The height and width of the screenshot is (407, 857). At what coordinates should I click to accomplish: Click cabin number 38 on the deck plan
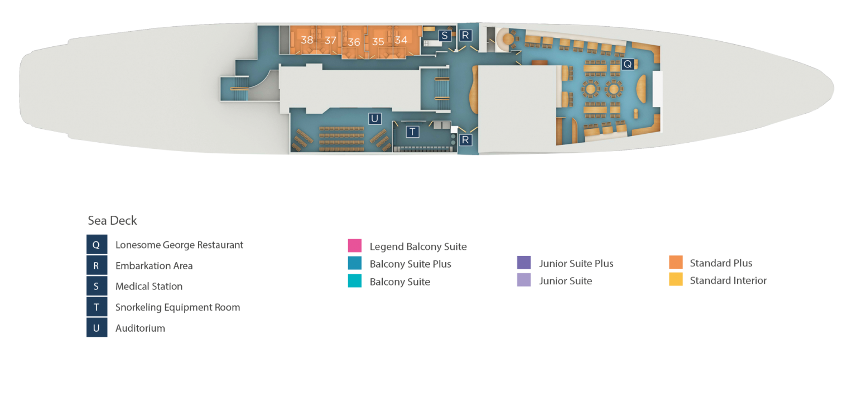coord(307,40)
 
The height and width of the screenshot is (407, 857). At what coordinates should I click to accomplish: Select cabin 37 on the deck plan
coord(330,40)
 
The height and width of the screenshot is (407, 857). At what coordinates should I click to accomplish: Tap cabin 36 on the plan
coord(354,42)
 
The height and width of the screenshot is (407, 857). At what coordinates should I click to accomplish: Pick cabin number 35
coord(378,41)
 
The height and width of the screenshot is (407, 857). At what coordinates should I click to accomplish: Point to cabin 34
coord(401,40)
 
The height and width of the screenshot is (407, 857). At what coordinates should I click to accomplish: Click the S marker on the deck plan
coord(445,36)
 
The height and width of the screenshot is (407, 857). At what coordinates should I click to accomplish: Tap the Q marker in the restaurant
coord(628,64)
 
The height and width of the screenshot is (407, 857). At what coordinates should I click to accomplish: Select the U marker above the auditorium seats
coord(374,118)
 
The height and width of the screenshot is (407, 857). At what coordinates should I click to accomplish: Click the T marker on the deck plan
coord(412,132)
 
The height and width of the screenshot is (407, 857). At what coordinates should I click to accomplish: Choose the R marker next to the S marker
coord(465,36)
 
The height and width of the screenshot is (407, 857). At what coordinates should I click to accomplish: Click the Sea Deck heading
coord(112,221)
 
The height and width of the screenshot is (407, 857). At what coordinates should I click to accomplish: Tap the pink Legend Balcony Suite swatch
coord(355,245)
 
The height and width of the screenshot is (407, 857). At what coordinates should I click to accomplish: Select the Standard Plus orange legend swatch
coord(676,262)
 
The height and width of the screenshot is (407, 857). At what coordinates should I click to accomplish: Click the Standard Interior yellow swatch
coord(676,279)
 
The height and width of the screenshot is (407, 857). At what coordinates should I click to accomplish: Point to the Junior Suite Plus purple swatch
coord(524,263)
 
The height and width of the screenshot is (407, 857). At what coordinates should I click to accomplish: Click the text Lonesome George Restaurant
coord(179,245)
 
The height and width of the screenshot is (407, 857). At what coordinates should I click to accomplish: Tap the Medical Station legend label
coord(149,286)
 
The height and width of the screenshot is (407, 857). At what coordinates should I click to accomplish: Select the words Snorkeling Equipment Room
coord(177,307)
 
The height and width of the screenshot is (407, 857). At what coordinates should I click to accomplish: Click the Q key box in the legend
coord(97,245)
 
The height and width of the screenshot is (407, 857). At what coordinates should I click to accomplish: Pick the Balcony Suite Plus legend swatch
coord(355,263)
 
